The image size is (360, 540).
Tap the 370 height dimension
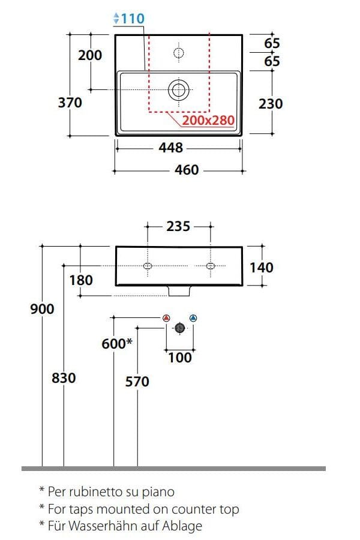[x=70, y=103]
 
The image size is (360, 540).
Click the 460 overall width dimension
[x=186, y=170]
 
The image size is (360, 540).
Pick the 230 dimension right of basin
[x=270, y=104]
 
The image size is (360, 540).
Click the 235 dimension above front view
[x=178, y=226]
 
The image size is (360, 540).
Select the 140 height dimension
[x=261, y=267]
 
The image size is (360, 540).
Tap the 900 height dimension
[x=42, y=309]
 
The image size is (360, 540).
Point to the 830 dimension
[x=64, y=378]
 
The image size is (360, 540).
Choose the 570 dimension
[x=137, y=382]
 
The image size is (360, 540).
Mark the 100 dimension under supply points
[x=179, y=358]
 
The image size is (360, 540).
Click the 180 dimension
[x=81, y=280]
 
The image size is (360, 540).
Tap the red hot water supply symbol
[x=166, y=318]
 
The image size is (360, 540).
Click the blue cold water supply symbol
[x=193, y=318]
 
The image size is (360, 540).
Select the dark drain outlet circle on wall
[x=179, y=328]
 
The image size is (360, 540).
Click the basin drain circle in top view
[x=178, y=90]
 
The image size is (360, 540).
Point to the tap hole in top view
[x=178, y=53]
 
